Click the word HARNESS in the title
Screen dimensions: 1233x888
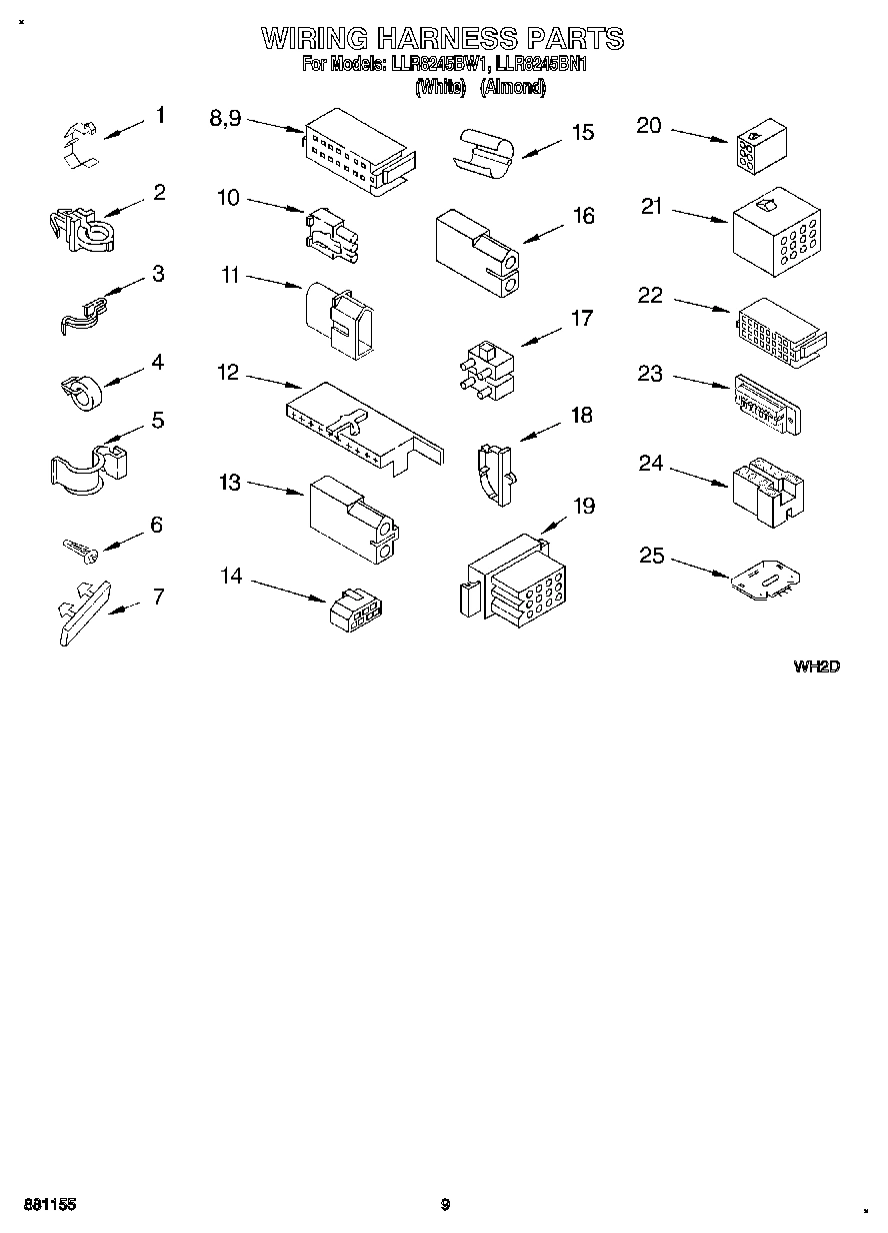pyautogui.click(x=445, y=39)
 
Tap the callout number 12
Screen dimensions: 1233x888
pyautogui.click(x=228, y=373)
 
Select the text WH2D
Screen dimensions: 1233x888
pyautogui.click(x=815, y=665)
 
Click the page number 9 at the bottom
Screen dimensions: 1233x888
pyautogui.click(x=445, y=1205)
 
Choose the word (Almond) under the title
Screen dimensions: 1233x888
pyautogui.click(x=513, y=88)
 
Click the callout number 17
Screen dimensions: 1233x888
pyautogui.click(x=581, y=319)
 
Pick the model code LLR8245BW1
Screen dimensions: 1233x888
pyautogui.click(x=431, y=65)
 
